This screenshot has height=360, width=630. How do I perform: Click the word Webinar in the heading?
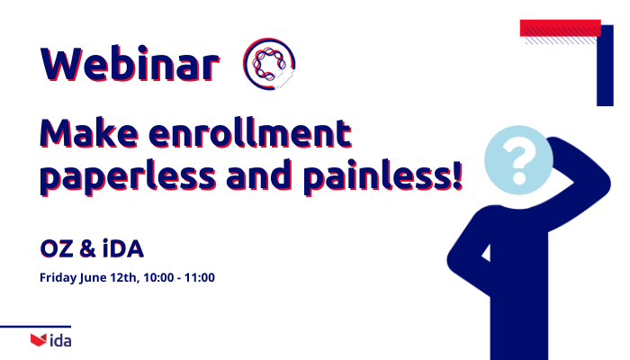(129, 64)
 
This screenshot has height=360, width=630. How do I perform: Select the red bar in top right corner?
(560, 27)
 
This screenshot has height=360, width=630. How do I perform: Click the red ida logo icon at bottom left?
(38, 340)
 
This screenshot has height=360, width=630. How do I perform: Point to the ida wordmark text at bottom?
(60, 340)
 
